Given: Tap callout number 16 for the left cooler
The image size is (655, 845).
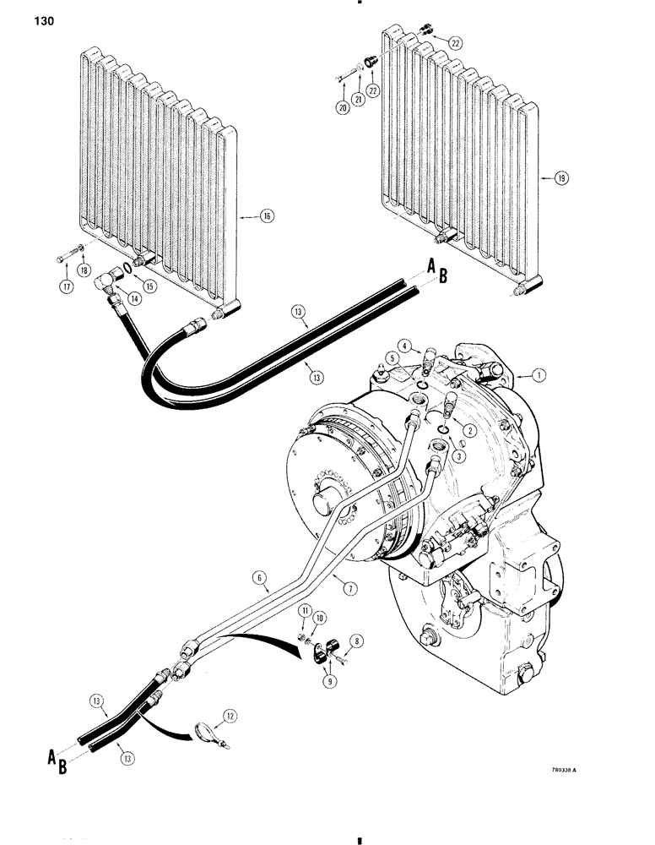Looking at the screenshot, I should pos(268,217).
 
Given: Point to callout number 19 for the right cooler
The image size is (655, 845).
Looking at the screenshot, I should pos(561,178).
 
